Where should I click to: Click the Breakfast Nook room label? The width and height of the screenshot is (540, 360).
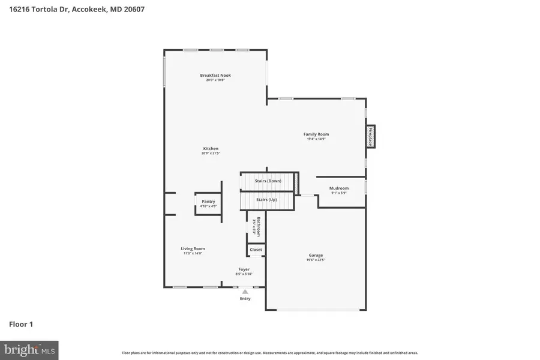(215, 75)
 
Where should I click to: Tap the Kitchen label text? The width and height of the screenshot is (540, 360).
(211, 148)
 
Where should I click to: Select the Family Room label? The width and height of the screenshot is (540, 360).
(316, 134)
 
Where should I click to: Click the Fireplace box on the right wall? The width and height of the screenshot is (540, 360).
(371, 136)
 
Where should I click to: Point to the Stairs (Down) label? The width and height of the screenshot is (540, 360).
(268, 181)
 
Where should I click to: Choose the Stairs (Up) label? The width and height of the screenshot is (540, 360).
(266, 199)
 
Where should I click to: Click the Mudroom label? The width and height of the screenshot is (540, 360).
(339, 188)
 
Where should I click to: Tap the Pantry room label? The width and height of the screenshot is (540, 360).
(208, 201)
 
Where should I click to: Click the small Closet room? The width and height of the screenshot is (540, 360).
(256, 250)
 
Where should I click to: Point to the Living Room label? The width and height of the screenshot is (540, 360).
(193, 248)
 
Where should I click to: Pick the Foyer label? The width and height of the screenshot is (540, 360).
(244, 269)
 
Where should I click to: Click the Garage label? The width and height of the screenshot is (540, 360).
(316, 255)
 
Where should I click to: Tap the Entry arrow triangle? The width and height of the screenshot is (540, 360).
(245, 292)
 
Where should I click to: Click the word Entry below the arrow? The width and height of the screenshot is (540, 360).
(245, 298)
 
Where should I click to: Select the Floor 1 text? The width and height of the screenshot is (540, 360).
(21, 325)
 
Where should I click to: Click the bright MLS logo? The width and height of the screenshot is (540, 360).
(29, 349)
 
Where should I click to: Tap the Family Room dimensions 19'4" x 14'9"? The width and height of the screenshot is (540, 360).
(316, 139)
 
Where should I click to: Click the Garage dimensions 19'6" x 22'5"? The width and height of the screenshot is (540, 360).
(316, 260)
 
